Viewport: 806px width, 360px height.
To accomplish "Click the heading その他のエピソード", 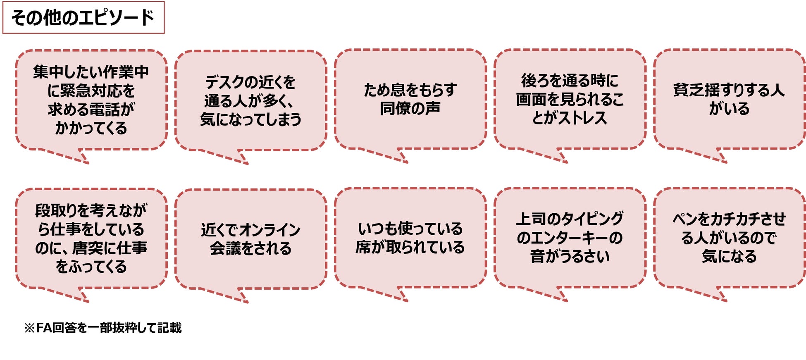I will pos(83,18).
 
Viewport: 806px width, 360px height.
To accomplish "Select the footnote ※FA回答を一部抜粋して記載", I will pos(103,328).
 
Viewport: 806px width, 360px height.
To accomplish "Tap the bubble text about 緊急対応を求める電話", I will pos(91,100).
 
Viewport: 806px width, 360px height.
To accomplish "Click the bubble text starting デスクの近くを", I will pos(250,100).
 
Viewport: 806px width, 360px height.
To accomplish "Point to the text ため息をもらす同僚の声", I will pos(410,99).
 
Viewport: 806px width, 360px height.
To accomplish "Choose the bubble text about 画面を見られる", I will pos(570,99).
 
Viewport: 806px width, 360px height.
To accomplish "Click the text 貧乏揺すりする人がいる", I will pos(729,99).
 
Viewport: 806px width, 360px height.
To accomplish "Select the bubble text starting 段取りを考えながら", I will pos(91,238).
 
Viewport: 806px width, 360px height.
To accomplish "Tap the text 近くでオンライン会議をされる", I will pos(250,239).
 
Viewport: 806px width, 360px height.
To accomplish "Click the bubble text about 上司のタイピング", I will pos(570,238).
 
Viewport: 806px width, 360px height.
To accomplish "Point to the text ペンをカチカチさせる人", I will pos(729,238).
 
